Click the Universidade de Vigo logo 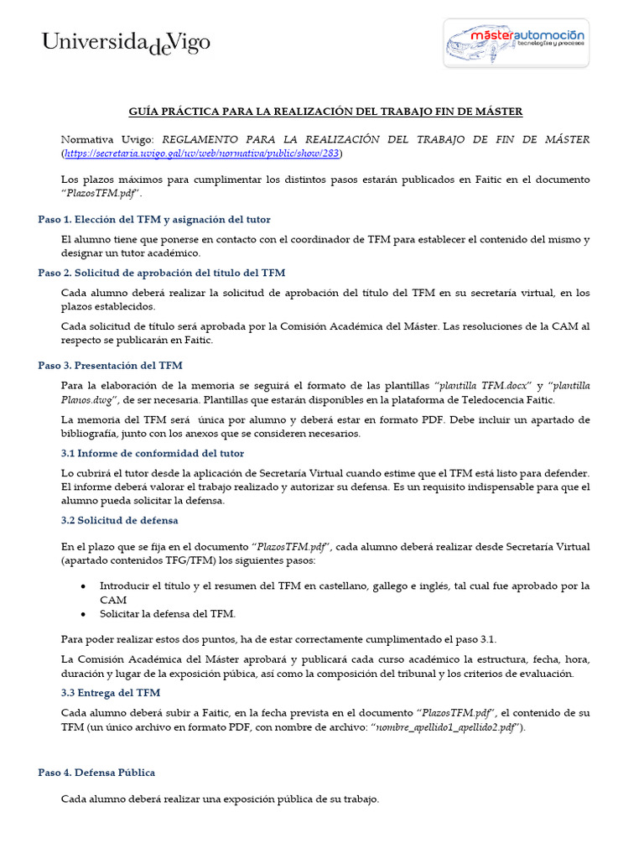point(127,43)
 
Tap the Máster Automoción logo point(517,43)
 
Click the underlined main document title point(325,112)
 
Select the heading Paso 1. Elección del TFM point(154,220)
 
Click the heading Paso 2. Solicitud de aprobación point(162,273)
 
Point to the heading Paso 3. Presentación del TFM point(110,366)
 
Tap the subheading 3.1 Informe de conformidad point(153,453)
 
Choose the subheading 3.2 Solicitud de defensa point(119,520)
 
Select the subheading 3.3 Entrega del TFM point(111,693)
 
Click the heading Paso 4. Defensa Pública point(96,773)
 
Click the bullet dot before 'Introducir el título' point(83,586)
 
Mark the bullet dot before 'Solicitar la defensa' point(83,614)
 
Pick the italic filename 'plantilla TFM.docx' point(483,386)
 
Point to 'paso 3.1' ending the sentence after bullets point(478,639)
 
